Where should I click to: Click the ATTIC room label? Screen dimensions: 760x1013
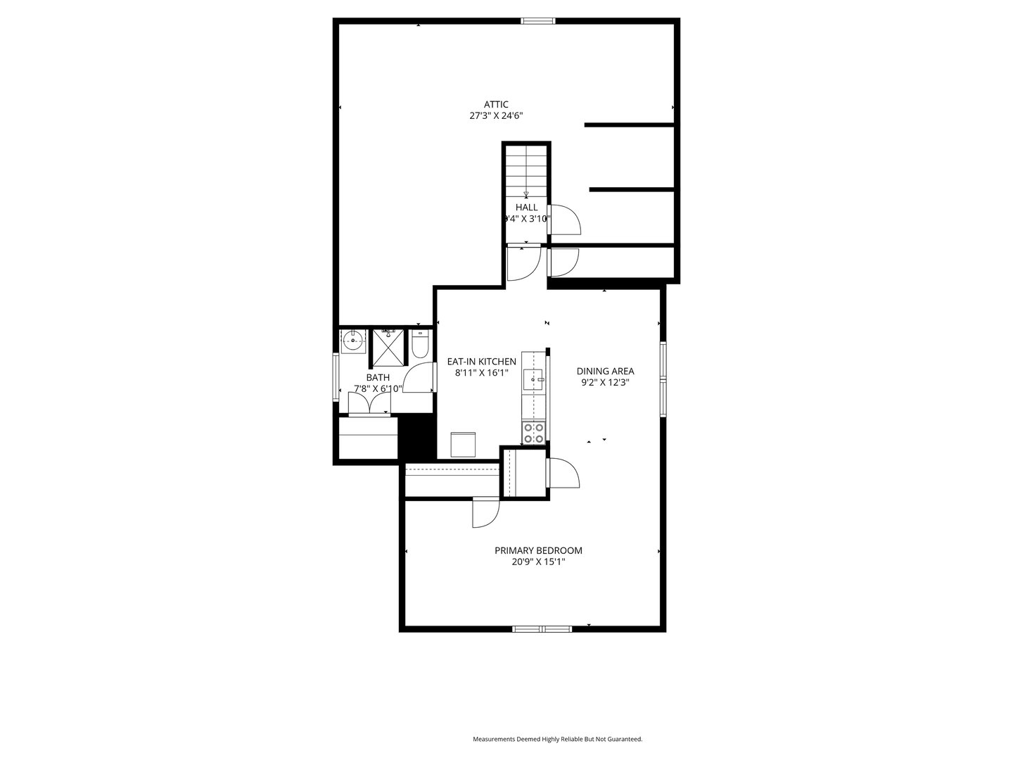tap(496, 104)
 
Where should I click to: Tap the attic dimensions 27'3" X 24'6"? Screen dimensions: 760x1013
tap(496, 116)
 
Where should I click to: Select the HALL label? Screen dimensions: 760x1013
tap(526, 207)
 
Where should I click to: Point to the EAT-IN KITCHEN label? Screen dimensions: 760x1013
tap(481, 362)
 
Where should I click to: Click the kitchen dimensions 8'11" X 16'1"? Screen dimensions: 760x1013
tap(481, 374)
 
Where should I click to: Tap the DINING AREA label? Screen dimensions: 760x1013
tap(605, 371)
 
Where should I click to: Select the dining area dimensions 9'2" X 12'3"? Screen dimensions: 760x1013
tap(605, 383)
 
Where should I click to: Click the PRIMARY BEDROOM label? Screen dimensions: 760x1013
tap(538, 550)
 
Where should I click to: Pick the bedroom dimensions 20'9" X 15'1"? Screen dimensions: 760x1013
tap(538, 562)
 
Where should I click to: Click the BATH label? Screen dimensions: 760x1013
tap(378, 377)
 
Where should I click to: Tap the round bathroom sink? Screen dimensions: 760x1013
tap(352, 340)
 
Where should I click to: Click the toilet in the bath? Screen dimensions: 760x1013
tap(420, 345)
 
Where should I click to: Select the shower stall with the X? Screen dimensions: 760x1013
tap(389, 347)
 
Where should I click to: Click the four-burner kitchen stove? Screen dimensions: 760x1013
tap(533, 433)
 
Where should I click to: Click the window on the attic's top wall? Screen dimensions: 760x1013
tap(538, 21)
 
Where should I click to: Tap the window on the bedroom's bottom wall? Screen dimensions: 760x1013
tap(542, 628)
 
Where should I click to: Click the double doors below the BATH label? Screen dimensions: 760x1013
tap(369, 404)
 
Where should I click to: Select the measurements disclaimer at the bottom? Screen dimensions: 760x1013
tap(557, 739)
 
